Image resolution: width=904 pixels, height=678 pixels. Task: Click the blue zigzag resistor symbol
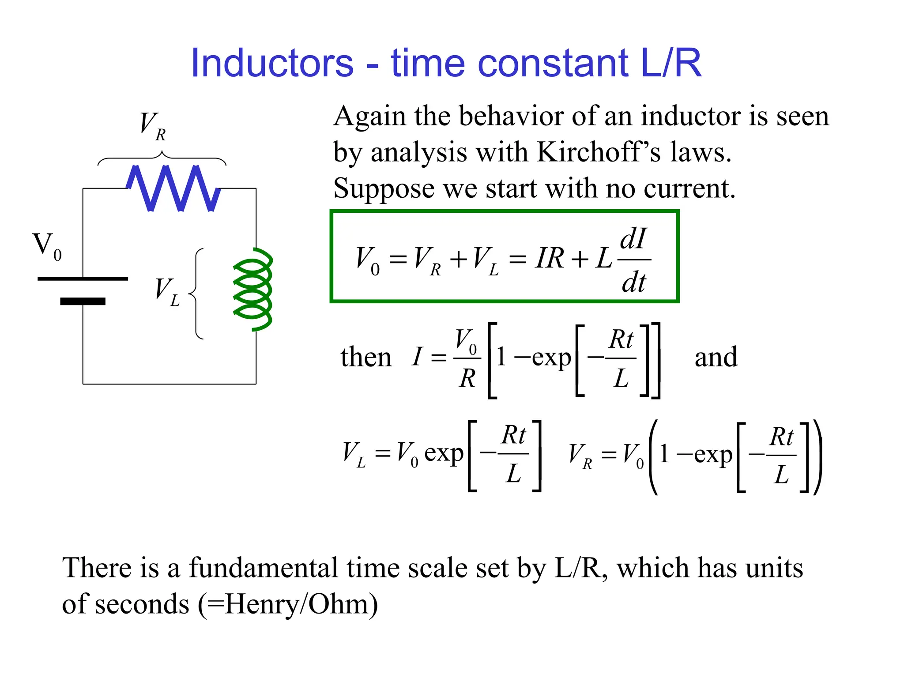[173, 188]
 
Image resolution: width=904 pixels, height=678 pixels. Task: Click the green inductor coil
[253, 290]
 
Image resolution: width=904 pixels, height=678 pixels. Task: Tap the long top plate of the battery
[83, 279]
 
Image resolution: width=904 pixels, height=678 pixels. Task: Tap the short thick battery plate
[83, 301]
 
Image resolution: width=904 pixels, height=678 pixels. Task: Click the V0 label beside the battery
[47, 246]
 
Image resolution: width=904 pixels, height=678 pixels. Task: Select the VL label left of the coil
[167, 292]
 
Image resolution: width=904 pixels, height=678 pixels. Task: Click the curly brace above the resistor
[162, 158]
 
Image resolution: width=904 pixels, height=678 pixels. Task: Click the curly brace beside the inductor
[197, 294]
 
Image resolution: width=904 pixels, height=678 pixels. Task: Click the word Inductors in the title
[272, 63]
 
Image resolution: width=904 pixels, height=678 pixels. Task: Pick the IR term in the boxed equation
[550, 258]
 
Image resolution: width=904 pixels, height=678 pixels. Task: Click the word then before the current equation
[366, 357]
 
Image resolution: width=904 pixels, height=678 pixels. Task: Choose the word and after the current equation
[716, 357]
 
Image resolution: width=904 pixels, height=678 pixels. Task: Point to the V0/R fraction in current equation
[467, 358]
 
